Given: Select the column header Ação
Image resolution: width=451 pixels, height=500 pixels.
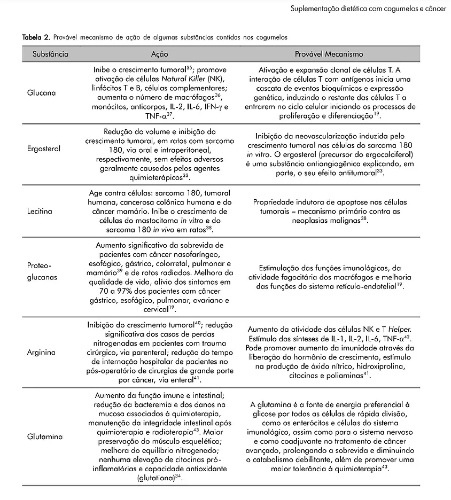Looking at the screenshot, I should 160,54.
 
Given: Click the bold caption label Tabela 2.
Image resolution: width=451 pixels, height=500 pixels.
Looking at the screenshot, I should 36,38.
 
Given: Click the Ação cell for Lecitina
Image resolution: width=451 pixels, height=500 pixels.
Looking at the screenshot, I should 160,212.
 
